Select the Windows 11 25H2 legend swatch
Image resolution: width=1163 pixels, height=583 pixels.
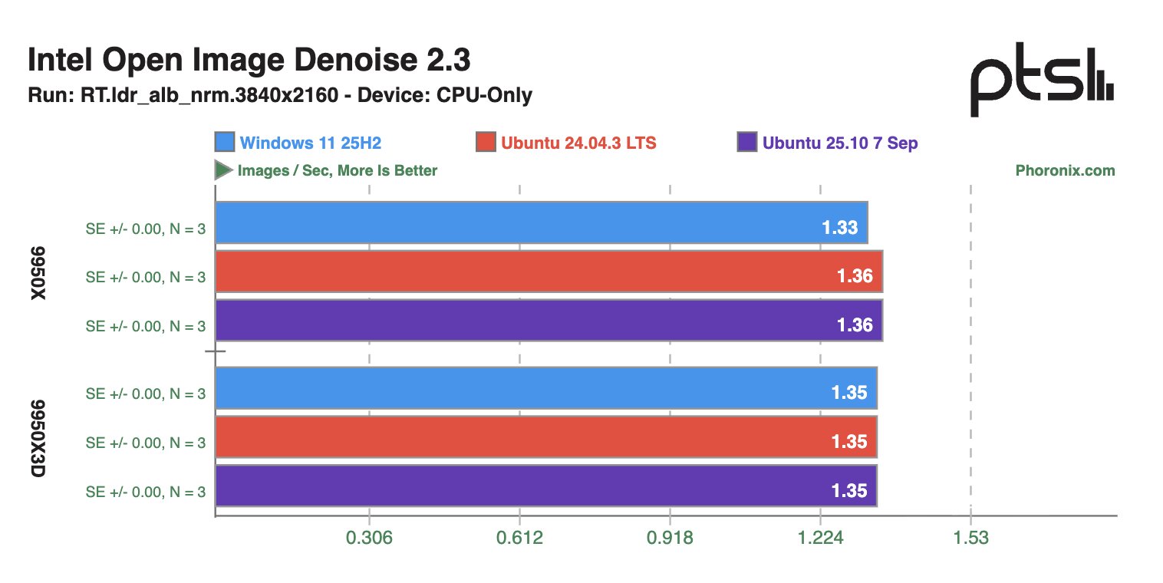(x=225, y=143)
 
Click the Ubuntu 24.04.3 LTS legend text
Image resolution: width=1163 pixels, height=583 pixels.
(x=578, y=143)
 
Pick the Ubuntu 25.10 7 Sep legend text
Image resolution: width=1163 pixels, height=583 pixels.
(x=840, y=143)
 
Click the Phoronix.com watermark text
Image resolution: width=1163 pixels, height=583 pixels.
(x=1065, y=170)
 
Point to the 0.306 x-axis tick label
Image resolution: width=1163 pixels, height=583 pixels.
(x=370, y=538)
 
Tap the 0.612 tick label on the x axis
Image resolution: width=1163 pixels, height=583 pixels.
(x=520, y=538)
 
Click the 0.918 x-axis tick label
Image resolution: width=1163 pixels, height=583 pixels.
(x=670, y=538)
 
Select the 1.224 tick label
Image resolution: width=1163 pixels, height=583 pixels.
(x=820, y=538)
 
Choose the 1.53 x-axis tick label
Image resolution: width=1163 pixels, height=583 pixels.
(x=970, y=538)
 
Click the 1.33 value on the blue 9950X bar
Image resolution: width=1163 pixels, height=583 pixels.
(x=839, y=228)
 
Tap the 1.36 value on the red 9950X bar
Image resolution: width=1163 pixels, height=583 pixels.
(x=855, y=276)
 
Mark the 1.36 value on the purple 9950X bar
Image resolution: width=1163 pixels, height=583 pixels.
(x=855, y=324)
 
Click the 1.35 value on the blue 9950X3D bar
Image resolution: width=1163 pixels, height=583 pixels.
(x=849, y=393)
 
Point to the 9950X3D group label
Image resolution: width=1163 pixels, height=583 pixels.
(x=39, y=438)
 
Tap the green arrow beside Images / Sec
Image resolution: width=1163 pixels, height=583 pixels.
(x=223, y=170)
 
